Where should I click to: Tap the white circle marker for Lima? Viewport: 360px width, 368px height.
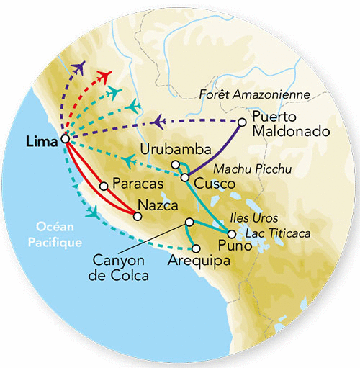[x=66, y=139]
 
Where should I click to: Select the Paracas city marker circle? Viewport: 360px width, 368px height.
[x=104, y=185]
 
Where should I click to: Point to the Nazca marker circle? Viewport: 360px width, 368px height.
[x=137, y=215]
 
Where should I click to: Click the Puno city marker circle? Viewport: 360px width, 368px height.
[x=230, y=234]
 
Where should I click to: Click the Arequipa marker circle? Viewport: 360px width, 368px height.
[x=195, y=248]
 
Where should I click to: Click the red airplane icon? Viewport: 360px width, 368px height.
[x=104, y=76]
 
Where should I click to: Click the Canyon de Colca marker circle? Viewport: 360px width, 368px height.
[x=189, y=222]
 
